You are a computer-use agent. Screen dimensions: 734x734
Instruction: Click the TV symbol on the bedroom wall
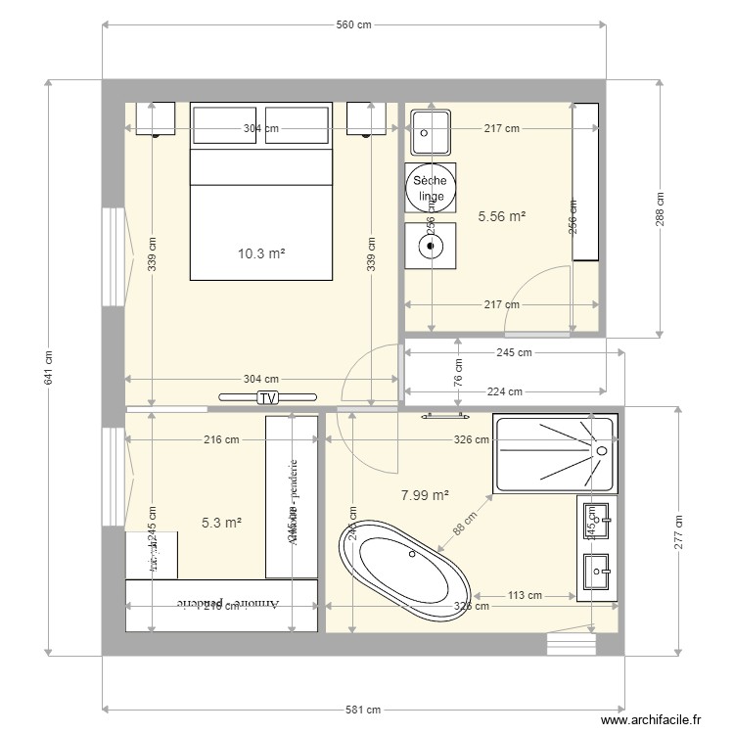[x=267, y=397]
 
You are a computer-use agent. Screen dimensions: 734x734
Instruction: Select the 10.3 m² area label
[x=260, y=253]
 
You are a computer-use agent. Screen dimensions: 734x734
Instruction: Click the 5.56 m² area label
[x=501, y=216]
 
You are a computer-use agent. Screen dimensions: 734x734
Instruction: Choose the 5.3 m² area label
[x=221, y=523]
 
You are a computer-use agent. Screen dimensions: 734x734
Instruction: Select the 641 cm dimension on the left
[x=49, y=367]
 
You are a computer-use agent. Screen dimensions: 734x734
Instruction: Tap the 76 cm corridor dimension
[x=459, y=371]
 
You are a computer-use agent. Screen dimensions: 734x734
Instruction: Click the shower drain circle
[x=603, y=450]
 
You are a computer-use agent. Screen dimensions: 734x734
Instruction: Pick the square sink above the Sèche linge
[x=430, y=132]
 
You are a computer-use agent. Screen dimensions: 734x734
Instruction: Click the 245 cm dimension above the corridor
[x=512, y=352]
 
